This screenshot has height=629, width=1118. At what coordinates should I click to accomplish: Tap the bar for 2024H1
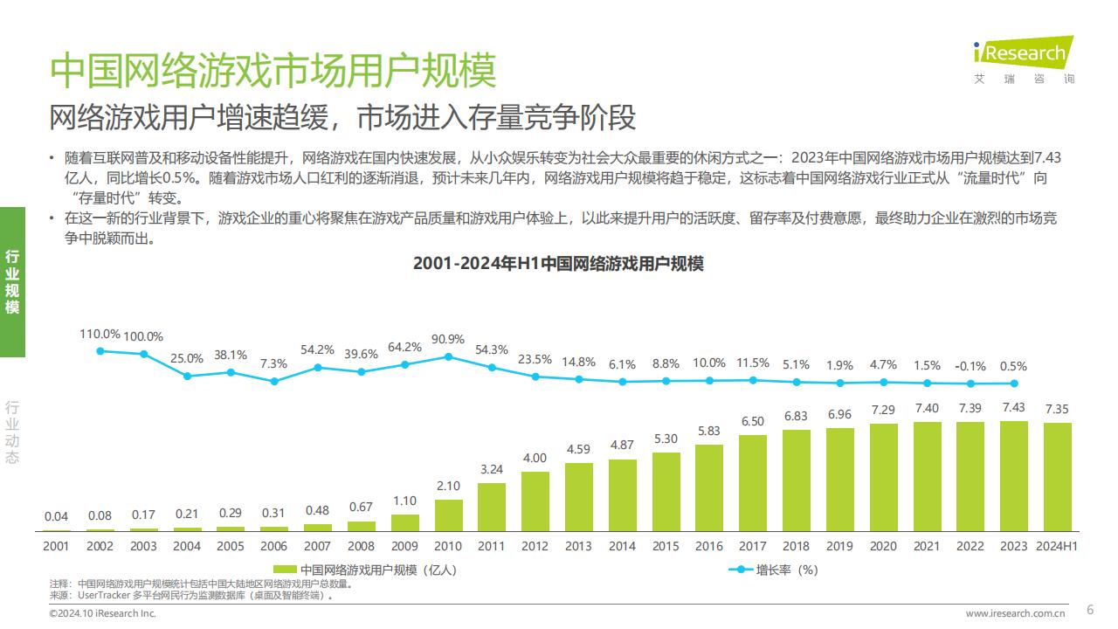point(1057,477)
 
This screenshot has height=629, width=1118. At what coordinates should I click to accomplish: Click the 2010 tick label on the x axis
point(448,546)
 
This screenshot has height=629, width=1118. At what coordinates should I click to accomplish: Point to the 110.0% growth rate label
point(100,334)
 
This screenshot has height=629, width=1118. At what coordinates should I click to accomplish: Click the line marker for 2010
point(448,356)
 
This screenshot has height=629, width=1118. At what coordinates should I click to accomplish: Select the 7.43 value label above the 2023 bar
point(1013,408)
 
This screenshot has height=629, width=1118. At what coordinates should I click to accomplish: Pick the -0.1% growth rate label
point(970,366)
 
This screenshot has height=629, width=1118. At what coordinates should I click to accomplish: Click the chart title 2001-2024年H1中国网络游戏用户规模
point(558,264)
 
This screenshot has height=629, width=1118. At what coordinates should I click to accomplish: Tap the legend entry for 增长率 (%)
point(774,570)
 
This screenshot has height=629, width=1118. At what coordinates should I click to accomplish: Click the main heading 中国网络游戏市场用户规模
point(273,71)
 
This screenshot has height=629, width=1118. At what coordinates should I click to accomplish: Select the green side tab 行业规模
point(12,282)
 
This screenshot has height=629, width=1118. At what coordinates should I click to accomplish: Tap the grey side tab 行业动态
point(12,432)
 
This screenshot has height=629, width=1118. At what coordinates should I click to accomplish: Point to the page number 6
point(1089,610)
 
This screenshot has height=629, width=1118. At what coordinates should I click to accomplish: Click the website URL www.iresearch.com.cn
point(1015,613)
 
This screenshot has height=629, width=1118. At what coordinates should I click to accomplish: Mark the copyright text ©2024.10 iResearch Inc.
point(102,614)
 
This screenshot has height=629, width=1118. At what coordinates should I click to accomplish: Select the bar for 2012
point(535,501)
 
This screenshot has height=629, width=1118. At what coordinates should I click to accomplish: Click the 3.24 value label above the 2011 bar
point(492,469)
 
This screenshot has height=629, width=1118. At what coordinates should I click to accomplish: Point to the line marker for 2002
point(100,351)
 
